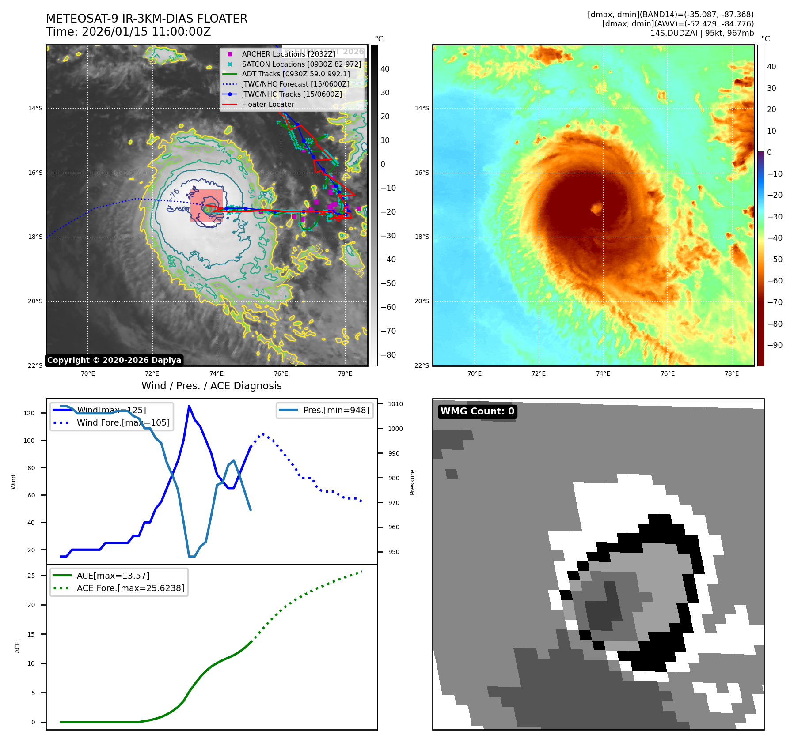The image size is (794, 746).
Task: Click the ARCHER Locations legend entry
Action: coord(288,54)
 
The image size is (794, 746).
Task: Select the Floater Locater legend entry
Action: coord(268,104)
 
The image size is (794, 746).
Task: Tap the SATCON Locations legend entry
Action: coord(301,64)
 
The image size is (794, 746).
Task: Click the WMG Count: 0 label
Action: coord(477,411)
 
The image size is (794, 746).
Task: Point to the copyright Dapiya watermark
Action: coord(114,360)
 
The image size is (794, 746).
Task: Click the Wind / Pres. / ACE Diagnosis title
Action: coord(211,386)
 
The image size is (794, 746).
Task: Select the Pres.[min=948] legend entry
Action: coord(336,410)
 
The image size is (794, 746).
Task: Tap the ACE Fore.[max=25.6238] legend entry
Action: coord(130,588)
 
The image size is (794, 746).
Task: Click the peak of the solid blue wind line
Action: coord(189,406)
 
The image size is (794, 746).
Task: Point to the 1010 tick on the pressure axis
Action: coord(395,404)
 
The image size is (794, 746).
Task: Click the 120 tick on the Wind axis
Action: coord(29,413)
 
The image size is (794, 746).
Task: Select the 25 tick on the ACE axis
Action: coord(31,576)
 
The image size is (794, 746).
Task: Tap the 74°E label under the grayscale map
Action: coord(217,373)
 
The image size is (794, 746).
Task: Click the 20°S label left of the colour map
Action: coord(422,301)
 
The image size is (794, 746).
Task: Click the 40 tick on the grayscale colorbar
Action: coord(385,69)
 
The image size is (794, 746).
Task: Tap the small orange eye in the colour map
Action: coord(596,207)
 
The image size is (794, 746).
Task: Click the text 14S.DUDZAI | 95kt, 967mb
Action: coord(702,33)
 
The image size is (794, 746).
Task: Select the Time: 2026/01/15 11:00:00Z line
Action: coord(128,32)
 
